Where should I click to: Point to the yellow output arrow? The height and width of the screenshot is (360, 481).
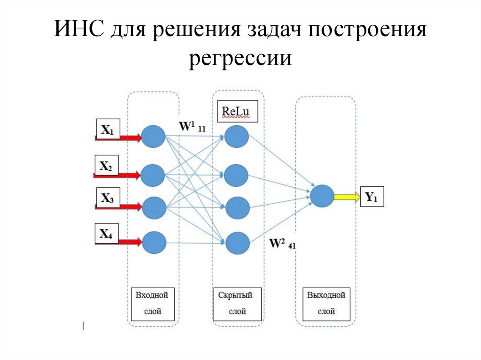[346, 197]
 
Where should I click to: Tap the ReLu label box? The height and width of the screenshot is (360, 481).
[237, 112]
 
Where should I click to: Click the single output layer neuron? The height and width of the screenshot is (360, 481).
[322, 196]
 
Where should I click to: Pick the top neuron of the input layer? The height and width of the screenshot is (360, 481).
[153, 137]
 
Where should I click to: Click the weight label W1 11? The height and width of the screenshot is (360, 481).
[192, 126]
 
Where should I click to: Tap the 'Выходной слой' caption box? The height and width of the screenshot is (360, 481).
[326, 303]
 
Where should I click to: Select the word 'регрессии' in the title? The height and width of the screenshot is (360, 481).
[240, 59]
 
